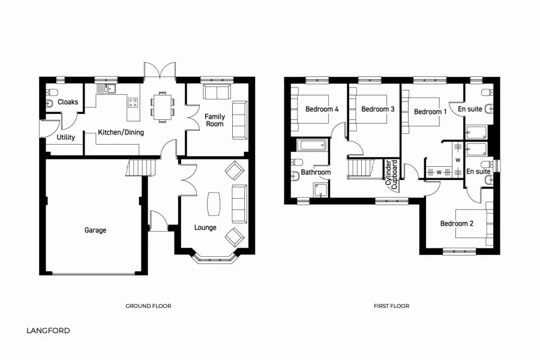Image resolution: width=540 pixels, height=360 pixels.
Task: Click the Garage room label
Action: [95, 230]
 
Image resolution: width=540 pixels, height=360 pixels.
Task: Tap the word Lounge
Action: [205, 227]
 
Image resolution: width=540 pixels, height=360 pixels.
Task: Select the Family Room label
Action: [214, 120]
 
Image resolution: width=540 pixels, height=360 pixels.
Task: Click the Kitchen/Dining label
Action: [121, 132]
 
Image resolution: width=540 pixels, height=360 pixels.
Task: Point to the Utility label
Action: [66, 137]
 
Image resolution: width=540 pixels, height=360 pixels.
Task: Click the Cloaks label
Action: [68, 102]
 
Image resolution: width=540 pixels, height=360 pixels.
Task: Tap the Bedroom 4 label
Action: [322, 109]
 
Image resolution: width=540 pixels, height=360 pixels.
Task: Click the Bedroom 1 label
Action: [430, 112]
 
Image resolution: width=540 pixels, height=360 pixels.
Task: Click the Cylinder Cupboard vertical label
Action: [391, 175]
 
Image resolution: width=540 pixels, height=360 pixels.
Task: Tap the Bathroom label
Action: [316, 172]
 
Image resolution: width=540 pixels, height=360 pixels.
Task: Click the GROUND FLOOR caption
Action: [148, 306]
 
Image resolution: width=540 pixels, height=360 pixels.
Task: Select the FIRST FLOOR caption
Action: [391, 306]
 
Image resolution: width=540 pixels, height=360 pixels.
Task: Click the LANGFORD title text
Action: [48, 331]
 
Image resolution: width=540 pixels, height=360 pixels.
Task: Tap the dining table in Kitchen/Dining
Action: [161, 106]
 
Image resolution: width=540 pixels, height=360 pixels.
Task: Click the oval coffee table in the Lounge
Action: [213, 203]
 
